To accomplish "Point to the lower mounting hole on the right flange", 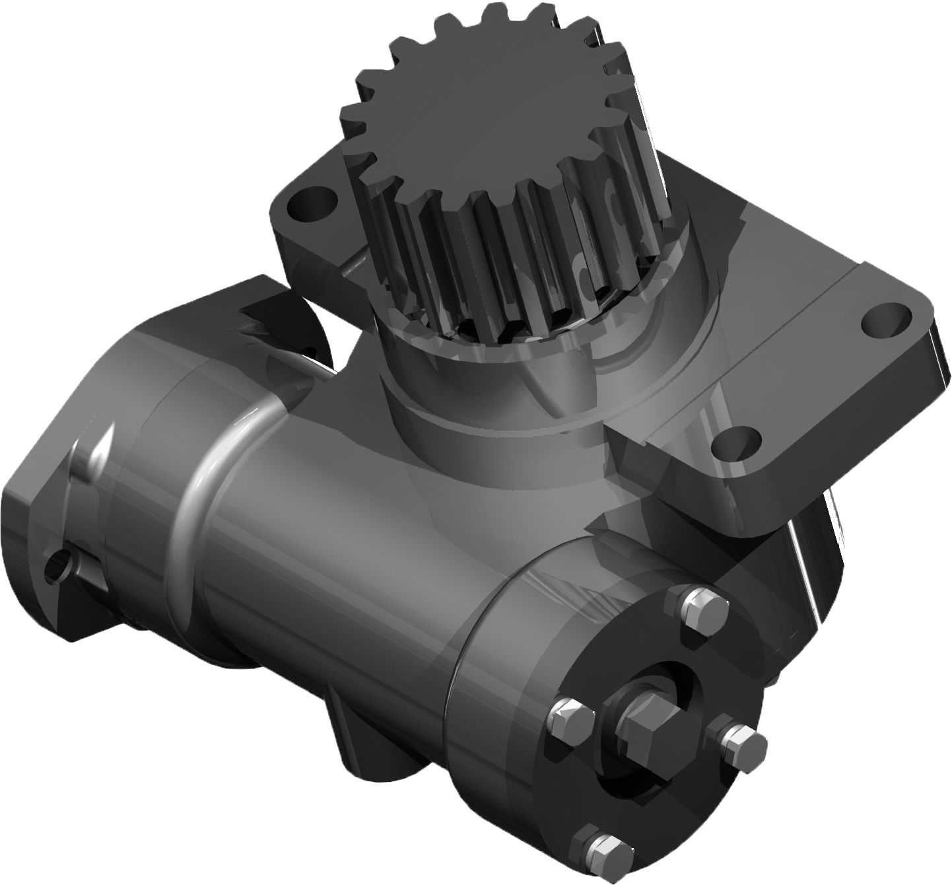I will (736, 442).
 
